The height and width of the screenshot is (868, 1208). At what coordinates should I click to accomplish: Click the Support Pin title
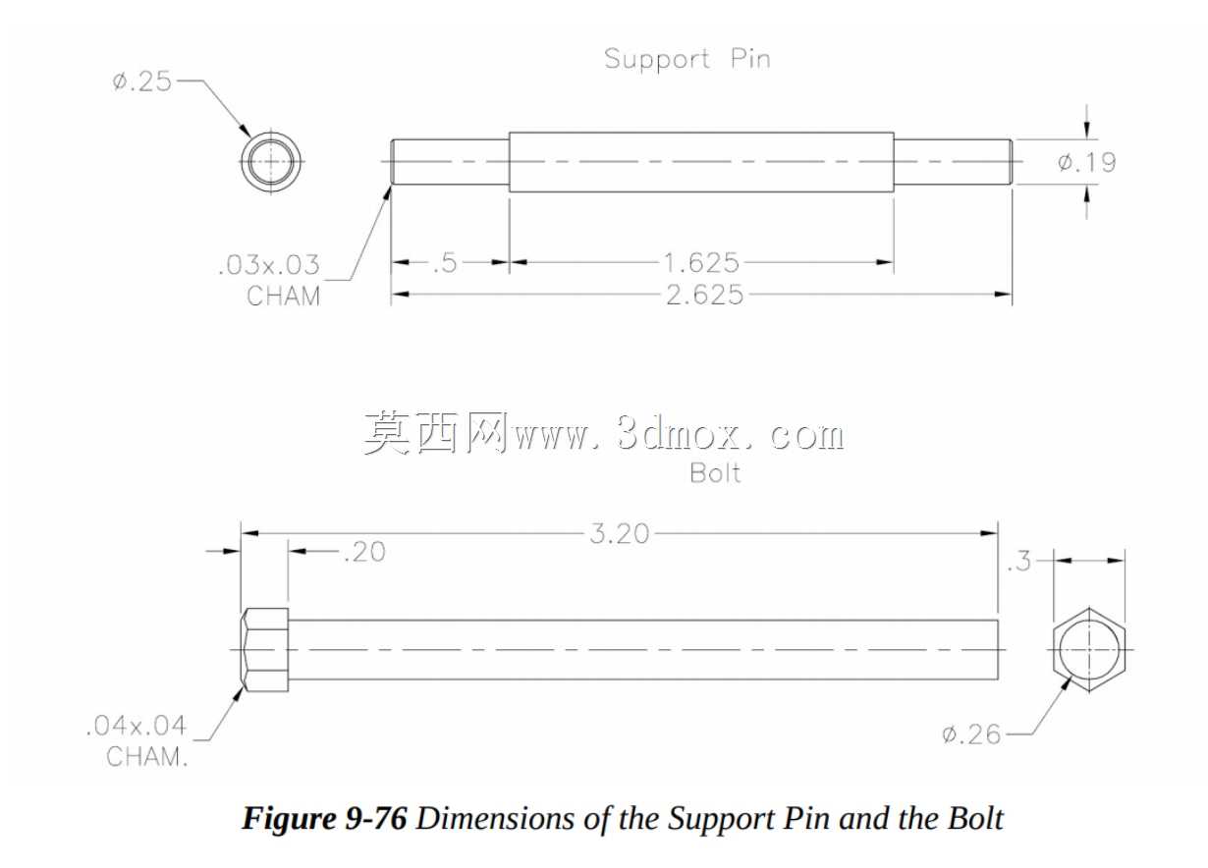[x=687, y=59]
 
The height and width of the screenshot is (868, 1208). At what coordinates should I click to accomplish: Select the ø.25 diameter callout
[x=141, y=81]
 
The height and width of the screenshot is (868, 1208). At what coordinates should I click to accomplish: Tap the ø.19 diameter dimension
[x=1086, y=162]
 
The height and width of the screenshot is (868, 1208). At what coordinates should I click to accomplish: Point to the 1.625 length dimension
[x=701, y=263]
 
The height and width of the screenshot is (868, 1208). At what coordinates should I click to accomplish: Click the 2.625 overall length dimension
[x=705, y=295]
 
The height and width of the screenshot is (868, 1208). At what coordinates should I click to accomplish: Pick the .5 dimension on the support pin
[x=446, y=263]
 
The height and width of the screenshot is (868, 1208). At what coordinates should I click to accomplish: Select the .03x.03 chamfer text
[x=269, y=265]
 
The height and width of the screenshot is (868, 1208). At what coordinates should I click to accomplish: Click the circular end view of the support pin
[x=271, y=161]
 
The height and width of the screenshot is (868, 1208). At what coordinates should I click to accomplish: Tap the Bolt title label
[x=715, y=473]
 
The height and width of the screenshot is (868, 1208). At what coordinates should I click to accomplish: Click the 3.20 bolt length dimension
[x=620, y=534]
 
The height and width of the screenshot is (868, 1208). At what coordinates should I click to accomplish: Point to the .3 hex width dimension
[x=1018, y=562]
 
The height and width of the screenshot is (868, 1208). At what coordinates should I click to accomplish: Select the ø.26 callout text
[x=971, y=734]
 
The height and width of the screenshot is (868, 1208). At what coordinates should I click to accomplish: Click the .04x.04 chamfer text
[x=137, y=726]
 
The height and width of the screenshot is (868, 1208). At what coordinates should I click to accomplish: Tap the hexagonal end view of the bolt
[x=1089, y=650]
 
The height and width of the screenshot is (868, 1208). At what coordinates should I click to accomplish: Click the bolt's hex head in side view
[x=265, y=650]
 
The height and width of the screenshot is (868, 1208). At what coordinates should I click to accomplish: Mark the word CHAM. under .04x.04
[x=146, y=757]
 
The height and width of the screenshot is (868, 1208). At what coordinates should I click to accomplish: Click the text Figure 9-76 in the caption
[x=324, y=818]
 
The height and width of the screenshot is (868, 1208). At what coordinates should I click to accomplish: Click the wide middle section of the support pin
[x=701, y=162]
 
